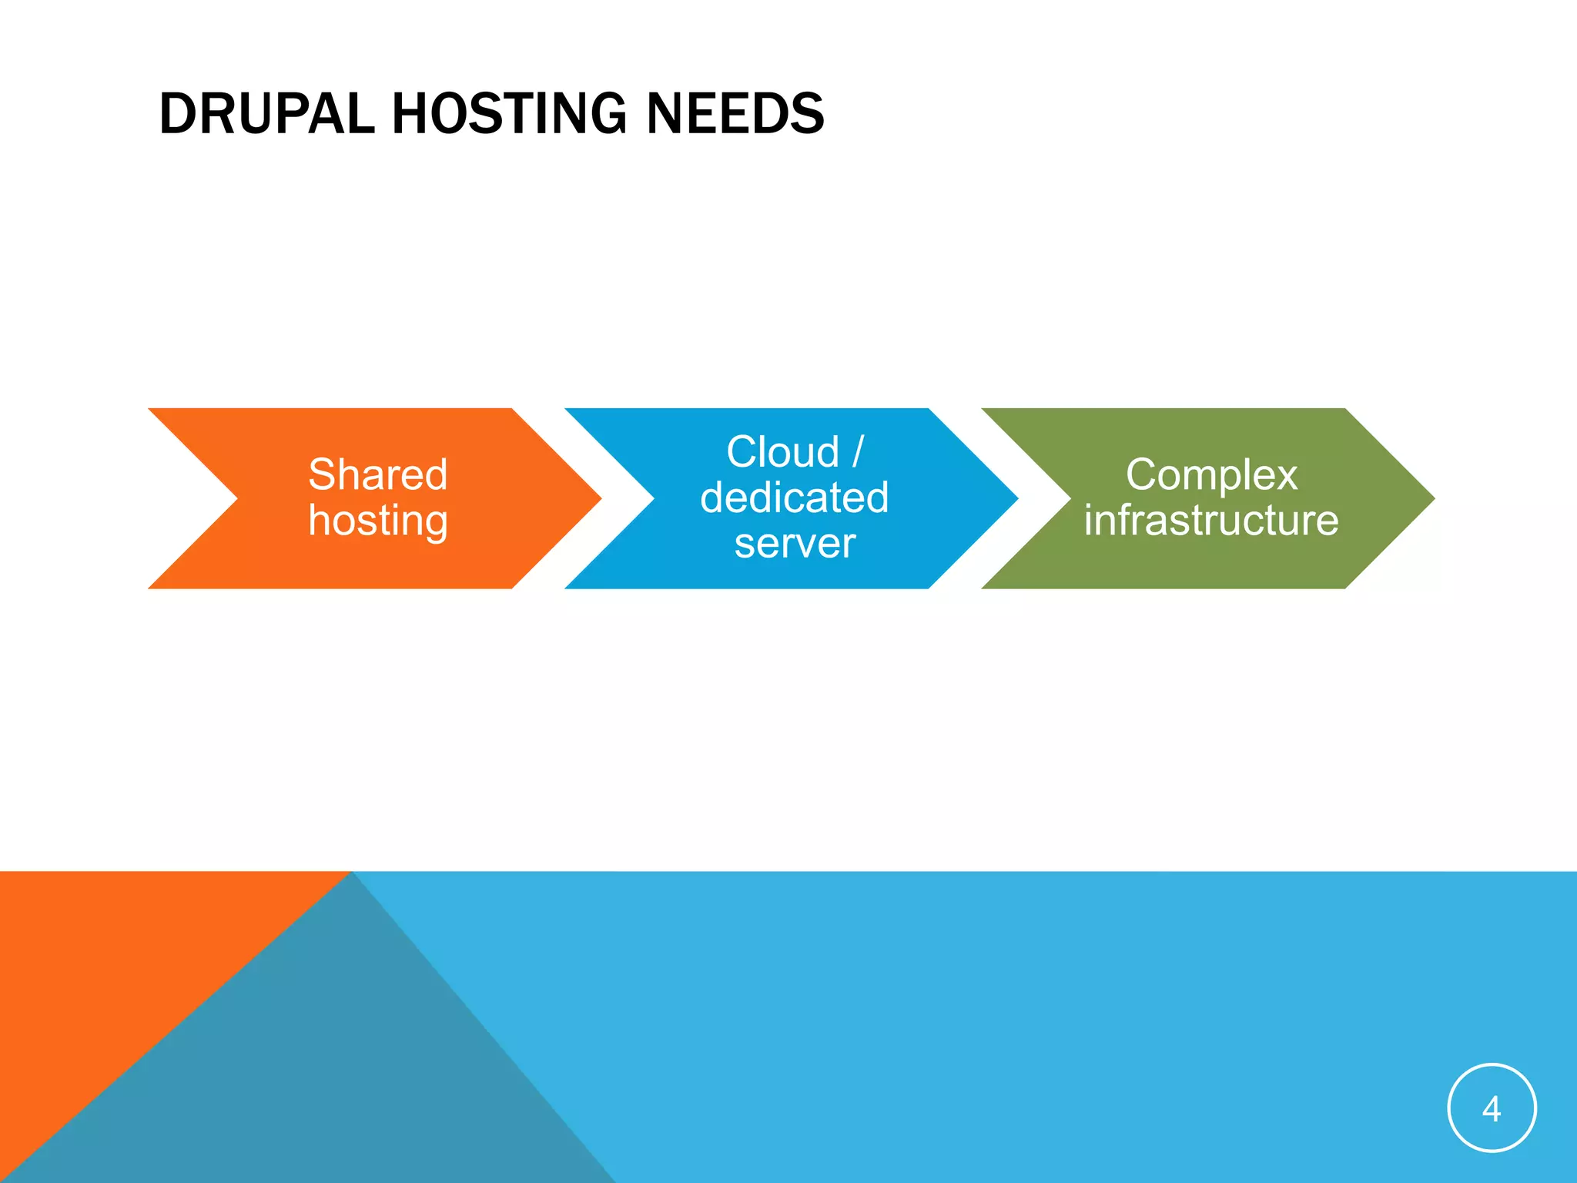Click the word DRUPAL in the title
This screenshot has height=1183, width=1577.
pyautogui.click(x=266, y=114)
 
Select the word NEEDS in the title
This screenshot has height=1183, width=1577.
pyautogui.click(x=735, y=114)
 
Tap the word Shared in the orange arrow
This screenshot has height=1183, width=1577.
pyautogui.click(x=377, y=474)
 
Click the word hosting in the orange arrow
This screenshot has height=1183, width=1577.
pyautogui.click(x=377, y=521)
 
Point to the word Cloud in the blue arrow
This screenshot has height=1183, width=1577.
pyautogui.click(x=782, y=452)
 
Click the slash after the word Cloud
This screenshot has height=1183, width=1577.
pyautogui.click(x=858, y=452)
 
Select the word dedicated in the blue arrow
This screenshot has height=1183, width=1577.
pyautogui.click(x=795, y=498)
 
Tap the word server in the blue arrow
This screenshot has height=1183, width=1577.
pyautogui.click(x=795, y=544)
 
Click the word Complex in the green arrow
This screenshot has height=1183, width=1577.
pyautogui.click(x=1211, y=474)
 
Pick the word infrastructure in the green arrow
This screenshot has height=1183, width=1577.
pyautogui.click(x=1211, y=521)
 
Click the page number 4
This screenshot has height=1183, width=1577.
pyautogui.click(x=1492, y=1109)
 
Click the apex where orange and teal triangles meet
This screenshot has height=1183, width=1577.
pyautogui.click(x=351, y=873)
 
